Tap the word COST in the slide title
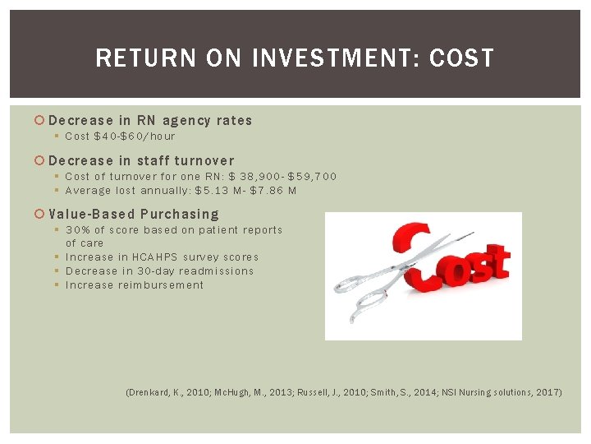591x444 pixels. pyautogui.click(x=462, y=58)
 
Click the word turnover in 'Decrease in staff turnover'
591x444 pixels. pyautogui.click(x=201, y=161)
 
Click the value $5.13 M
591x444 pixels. pyautogui.click(x=214, y=191)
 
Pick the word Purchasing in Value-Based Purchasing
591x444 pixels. pyautogui.click(x=180, y=215)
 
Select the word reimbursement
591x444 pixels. pyautogui.click(x=161, y=285)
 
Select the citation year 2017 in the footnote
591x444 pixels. pyautogui.click(x=548, y=393)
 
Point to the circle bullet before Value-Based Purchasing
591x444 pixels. pyautogui.click(x=41, y=215)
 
